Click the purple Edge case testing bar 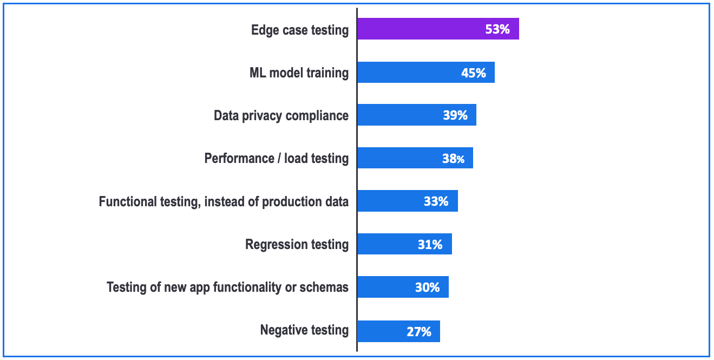click(x=422, y=29)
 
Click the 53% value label click(x=497, y=29)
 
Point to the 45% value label click(x=474, y=73)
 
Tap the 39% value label click(x=455, y=115)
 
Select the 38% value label click(x=453, y=159)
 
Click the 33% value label click(x=436, y=201)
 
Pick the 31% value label click(x=430, y=245)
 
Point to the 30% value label click(x=427, y=287)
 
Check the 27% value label click(x=419, y=331)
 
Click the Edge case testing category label click(x=300, y=30)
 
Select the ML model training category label click(x=299, y=73)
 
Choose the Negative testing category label click(x=304, y=330)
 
